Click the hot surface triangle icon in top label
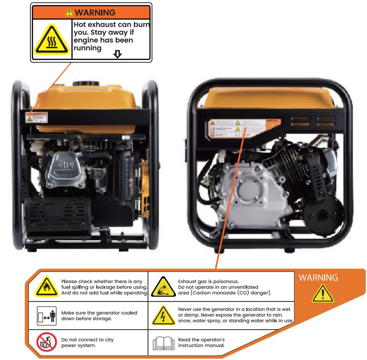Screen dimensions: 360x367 52,39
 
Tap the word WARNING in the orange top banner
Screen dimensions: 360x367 95,12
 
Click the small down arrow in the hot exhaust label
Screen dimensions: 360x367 117,54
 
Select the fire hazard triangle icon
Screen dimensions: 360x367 46,287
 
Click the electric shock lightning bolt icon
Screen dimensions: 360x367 163,315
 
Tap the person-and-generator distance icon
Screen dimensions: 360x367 47,316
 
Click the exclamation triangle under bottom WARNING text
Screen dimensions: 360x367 322,293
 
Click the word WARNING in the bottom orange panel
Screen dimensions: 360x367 318,278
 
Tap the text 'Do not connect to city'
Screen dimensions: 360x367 87,340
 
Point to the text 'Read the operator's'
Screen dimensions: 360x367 201,340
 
